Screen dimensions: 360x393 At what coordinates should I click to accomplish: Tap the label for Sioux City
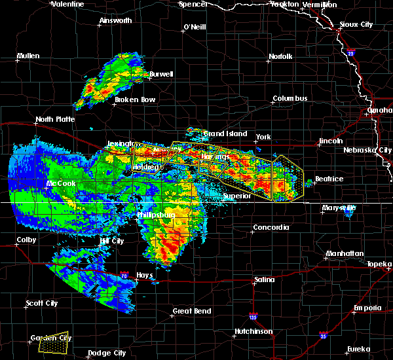click(357, 25)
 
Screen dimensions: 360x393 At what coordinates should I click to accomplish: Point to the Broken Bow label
click(135, 99)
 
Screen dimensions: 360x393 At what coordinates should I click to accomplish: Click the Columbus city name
click(290, 98)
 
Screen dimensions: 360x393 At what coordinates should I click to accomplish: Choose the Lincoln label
click(330, 141)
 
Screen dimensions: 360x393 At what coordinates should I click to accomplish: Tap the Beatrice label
click(329, 179)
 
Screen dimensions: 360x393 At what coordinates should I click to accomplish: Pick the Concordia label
click(271, 227)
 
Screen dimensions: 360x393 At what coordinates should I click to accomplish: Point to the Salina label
click(265, 280)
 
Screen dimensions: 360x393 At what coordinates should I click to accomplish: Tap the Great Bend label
click(191, 311)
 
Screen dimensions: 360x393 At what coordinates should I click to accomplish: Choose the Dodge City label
click(107, 353)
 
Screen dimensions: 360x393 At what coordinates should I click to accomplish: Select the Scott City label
click(42, 303)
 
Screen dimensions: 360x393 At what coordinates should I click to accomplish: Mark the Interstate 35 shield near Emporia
click(324, 335)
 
